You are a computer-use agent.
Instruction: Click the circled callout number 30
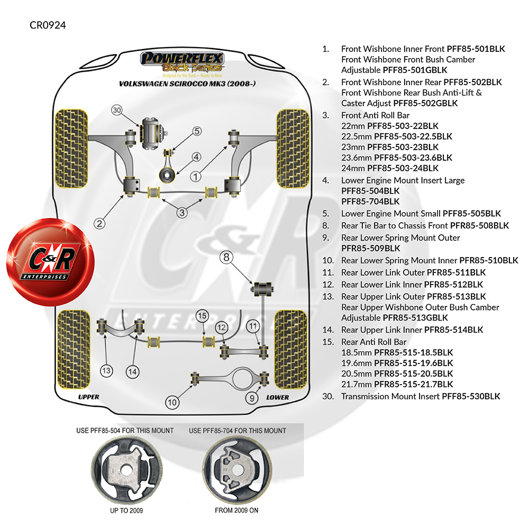[x=117, y=111]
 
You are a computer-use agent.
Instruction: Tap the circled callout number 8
[x=226, y=258]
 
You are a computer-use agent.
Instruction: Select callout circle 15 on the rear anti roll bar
[x=202, y=316]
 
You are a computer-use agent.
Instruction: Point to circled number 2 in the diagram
[x=99, y=223]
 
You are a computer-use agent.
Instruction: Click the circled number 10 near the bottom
[x=172, y=402]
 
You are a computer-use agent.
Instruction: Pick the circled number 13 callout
[x=106, y=371]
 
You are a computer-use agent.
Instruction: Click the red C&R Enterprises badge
[x=50, y=262]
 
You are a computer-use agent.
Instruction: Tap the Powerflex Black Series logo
[x=182, y=64]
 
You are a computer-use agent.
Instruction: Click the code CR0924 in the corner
[x=48, y=25]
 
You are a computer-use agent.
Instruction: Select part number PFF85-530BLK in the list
[x=471, y=396]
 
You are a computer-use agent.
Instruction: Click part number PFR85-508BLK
[x=479, y=225]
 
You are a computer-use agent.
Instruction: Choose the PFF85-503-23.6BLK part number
[x=413, y=158]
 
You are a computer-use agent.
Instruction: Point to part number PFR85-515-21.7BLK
[x=414, y=384]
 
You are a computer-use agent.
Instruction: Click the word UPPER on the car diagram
[x=88, y=397]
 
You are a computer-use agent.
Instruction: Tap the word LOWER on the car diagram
[x=277, y=397]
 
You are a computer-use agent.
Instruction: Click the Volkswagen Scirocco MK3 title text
[x=187, y=84]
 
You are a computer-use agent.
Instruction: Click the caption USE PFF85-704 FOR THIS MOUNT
[x=238, y=431]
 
